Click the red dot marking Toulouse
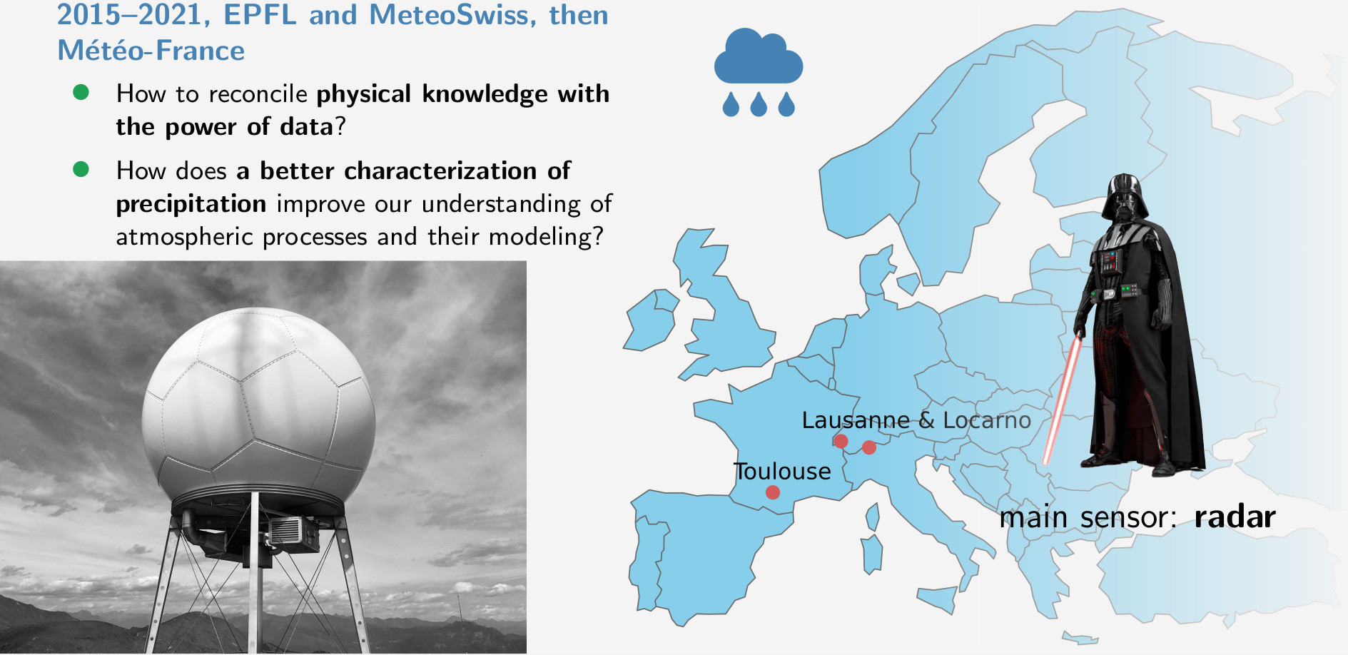point(772,492)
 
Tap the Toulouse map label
point(782,472)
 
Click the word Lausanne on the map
point(855,420)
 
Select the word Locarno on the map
point(986,420)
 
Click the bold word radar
point(1235,517)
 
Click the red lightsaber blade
point(1061,400)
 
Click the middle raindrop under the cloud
point(759,105)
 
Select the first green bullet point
point(81,92)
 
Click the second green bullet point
point(81,169)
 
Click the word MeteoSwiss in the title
point(452,15)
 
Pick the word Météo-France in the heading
point(151,51)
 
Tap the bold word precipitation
point(191,204)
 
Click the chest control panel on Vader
point(1110,262)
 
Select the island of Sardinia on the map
point(872,554)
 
